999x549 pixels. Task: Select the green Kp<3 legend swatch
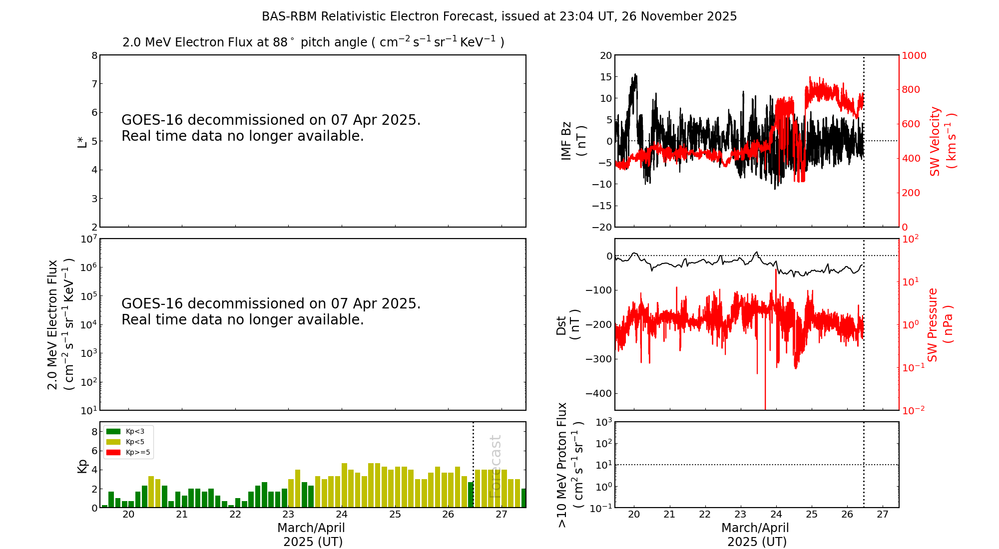(x=113, y=431)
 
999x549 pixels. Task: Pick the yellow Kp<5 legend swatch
(x=113, y=442)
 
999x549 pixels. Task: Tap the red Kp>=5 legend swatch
(x=113, y=453)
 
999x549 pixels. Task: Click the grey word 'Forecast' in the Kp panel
(x=495, y=467)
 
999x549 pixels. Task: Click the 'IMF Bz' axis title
(x=566, y=141)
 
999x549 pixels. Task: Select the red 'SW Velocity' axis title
(x=935, y=141)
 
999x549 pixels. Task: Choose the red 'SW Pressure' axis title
(x=933, y=324)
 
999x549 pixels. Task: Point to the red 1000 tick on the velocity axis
(x=914, y=55)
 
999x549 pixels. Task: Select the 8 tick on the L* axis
(x=94, y=55)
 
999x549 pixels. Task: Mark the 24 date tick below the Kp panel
(x=342, y=515)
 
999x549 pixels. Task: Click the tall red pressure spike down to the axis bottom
(x=765, y=394)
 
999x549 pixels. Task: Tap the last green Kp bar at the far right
(x=523, y=498)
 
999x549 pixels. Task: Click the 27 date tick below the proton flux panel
(x=883, y=515)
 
